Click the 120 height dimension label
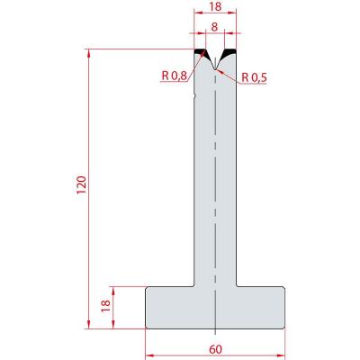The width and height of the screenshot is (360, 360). (82, 185)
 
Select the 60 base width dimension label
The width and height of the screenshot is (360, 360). (215, 349)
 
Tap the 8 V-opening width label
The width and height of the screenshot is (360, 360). (214, 27)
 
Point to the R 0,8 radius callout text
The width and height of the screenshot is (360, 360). (175, 76)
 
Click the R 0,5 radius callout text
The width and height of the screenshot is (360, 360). (254, 78)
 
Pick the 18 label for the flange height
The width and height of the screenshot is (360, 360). (106, 306)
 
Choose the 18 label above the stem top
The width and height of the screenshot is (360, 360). (215, 7)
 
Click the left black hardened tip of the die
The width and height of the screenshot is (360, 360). (201, 51)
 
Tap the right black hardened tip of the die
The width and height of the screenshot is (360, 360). (229, 53)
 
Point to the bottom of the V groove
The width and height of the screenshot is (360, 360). (215, 69)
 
